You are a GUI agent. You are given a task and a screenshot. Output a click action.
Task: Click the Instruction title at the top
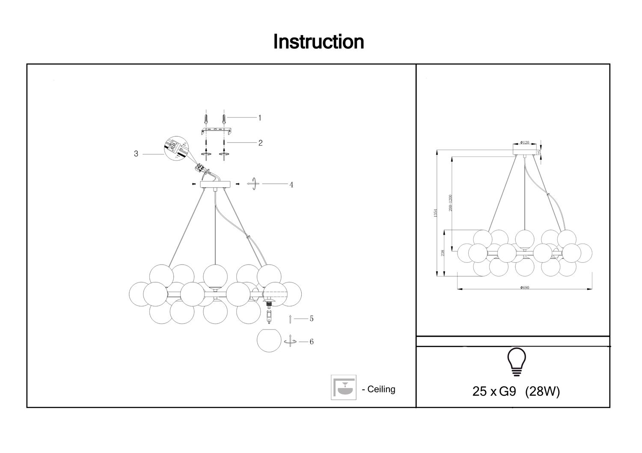318,42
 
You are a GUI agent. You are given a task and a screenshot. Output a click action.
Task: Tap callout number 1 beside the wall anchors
260,118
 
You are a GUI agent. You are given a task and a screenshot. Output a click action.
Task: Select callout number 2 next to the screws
260,143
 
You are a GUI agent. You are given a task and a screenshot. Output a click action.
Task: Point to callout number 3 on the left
136,154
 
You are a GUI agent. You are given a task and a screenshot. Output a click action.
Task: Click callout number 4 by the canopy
291,185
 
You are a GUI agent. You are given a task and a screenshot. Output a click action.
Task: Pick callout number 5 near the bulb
312,318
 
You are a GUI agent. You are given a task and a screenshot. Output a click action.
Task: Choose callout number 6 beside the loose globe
312,342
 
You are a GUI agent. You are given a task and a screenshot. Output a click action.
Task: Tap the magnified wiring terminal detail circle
175,148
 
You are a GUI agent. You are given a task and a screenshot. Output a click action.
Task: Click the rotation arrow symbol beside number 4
254,184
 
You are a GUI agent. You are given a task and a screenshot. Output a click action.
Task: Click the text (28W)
542,391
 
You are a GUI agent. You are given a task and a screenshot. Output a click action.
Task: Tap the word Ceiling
381,389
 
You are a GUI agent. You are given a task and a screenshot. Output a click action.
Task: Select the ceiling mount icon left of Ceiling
343,388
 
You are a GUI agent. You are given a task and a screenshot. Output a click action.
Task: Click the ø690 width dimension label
525,288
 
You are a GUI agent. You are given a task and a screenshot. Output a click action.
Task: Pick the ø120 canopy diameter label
525,142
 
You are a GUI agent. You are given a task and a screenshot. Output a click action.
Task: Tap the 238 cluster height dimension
443,253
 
